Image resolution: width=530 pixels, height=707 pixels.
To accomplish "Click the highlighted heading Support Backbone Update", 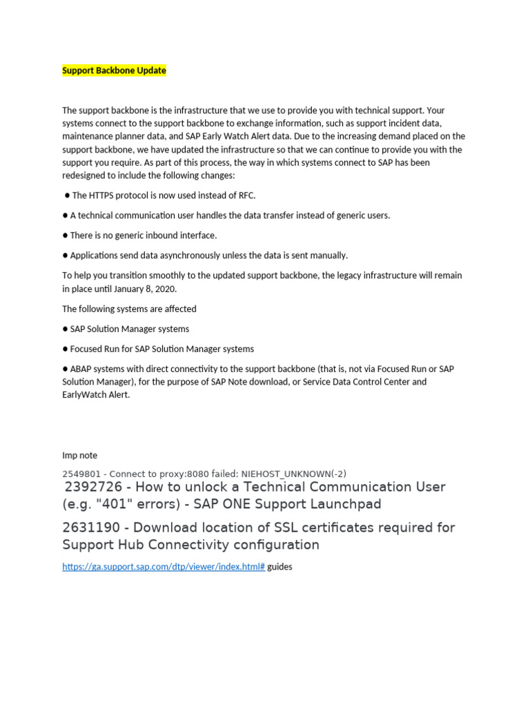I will [114, 70].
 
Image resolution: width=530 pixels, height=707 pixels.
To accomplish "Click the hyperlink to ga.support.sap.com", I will [164, 566].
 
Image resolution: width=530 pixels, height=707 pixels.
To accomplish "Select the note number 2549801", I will [83, 474].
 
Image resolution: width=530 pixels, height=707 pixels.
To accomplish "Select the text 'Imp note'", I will [79, 455].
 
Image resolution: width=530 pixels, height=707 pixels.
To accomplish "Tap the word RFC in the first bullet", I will [247, 195].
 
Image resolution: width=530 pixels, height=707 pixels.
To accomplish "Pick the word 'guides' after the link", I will [279, 566].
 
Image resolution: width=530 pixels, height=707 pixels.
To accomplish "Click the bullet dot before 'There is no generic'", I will [65, 235].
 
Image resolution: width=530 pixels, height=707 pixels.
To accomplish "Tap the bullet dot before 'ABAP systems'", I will [65, 369].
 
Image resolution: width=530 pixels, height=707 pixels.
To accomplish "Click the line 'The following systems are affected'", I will [129, 309].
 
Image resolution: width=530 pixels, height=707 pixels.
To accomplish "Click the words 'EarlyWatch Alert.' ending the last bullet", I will [96, 395].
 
